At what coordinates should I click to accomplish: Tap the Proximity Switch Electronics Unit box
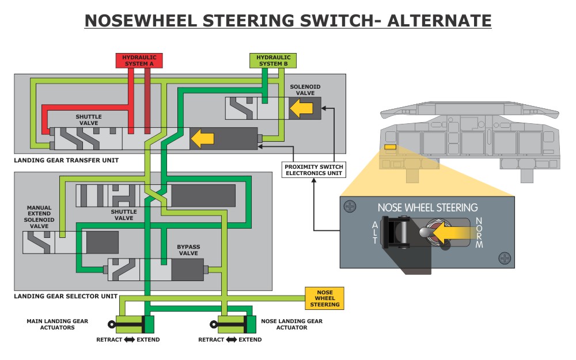(313, 170)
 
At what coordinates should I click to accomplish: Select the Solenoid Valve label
(305, 89)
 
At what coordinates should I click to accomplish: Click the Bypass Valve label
(188, 249)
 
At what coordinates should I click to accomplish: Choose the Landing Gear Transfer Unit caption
(66, 160)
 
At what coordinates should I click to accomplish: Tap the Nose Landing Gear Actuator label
(292, 324)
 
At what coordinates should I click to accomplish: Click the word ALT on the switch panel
(375, 232)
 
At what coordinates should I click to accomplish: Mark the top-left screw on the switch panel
(350, 206)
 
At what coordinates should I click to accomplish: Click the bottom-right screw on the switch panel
(505, 258)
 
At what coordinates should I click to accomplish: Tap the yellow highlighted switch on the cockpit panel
(390, 147)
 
